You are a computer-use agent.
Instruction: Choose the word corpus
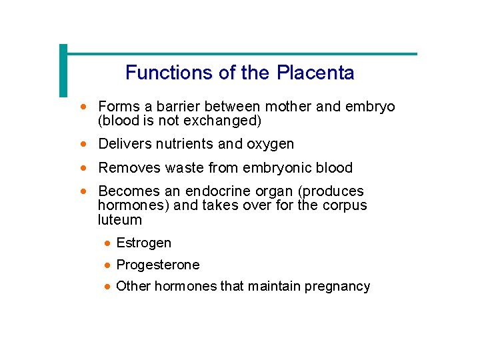pyautogui.click(x=344, y=205)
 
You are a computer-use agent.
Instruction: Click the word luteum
pyautogui.click(x=120, y=219)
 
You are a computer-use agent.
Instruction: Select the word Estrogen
pyautogui.click(x=144, y=243)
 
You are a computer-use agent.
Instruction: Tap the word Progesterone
pyautogui.click(x=158, y=265)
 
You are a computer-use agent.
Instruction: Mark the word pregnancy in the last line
pyautogui.click(x=337, y=287)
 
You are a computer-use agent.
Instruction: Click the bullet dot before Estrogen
pyautogui.click(x=107, y=243)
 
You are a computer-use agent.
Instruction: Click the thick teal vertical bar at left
pyautogui.click(x=63, y=71)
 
